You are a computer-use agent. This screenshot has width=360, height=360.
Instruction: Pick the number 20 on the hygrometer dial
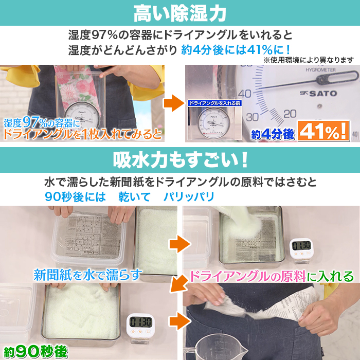tap(290, 113)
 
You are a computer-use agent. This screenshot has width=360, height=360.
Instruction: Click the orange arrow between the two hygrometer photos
tap(174, 102)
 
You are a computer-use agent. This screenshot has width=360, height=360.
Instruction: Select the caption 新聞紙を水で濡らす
tap(87, 275)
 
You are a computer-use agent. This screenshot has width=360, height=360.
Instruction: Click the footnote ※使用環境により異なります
tap(309, 60)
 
